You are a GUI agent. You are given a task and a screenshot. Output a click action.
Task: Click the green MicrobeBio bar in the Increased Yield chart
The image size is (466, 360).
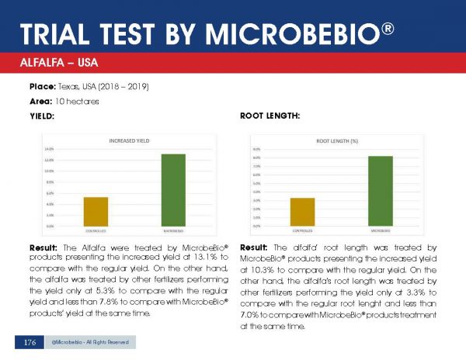click(173, 190)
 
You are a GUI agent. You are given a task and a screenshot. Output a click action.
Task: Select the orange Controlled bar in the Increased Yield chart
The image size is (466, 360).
click(96, 211)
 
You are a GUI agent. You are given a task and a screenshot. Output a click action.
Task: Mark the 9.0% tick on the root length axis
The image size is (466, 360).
click(256, 149)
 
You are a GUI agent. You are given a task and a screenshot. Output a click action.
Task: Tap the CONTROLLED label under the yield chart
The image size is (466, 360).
click(96, 230)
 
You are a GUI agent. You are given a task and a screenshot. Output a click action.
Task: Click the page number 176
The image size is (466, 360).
click(30, 342)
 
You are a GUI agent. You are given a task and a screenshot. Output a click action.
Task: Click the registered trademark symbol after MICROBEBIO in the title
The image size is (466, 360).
click(388, 29)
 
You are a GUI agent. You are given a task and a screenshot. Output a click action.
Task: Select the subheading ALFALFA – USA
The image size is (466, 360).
click(55, 61)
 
